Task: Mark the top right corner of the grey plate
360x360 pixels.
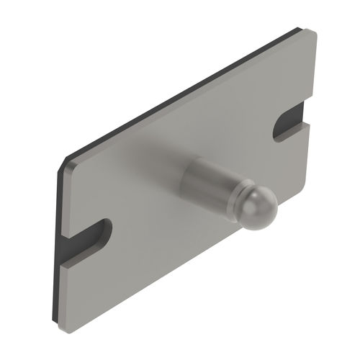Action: tap(311, 32)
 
